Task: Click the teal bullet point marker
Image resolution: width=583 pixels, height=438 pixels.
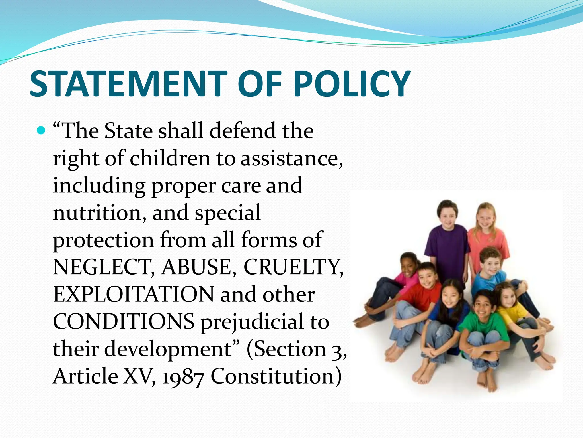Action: click(x=41, y=131)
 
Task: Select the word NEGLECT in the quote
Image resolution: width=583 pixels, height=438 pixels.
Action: click(x=104, y=267)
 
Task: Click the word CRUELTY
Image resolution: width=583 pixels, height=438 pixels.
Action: click(x=293, y=267)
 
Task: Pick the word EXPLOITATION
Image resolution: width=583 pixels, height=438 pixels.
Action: click(x=133, y=295)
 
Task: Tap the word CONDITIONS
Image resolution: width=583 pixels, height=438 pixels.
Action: click(x=124, y=322)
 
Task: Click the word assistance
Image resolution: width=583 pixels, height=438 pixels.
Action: click(x=292, y=159)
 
